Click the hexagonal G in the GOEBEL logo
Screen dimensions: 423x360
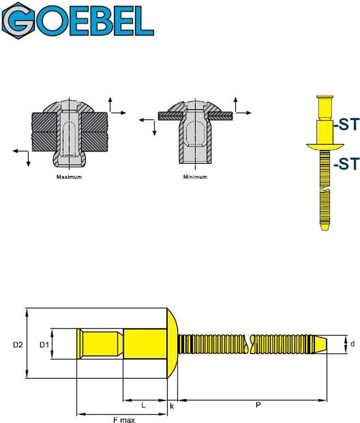[x=18, y=20]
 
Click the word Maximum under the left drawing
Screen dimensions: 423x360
[x=69, y=177]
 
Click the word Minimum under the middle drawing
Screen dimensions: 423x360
[x=195, y=177]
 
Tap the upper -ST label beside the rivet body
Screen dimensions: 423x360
[x=346, y=125]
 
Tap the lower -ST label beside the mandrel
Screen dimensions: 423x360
[x=346, y=164]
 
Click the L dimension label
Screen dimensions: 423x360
[x=144, y=405]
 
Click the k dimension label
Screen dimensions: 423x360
[x=172, y=406]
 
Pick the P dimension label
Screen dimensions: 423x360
[x=258, y=406]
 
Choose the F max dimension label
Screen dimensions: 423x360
[x=124, y=420]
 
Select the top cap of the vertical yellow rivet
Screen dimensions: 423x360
[x=325, y=97]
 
